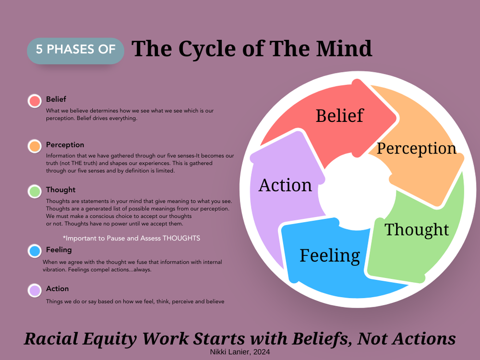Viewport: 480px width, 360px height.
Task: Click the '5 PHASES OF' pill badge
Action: tap(76, 49)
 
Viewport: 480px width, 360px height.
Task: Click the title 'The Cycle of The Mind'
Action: tap(252, 49)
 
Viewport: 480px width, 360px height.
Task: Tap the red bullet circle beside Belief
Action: tap(35, 101)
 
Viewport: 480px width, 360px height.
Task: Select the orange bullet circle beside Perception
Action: tap(35, 146)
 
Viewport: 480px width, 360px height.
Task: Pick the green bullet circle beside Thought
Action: tap(35, 191)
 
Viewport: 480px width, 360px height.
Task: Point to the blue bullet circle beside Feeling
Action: tap(35, 251)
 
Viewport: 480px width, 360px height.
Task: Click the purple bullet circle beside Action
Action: tap(35, 290)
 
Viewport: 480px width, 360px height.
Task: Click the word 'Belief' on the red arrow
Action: tap(339, 116)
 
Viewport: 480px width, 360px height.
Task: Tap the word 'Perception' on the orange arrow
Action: tap(416, 148)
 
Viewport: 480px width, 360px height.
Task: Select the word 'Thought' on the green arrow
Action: tap(417, 229)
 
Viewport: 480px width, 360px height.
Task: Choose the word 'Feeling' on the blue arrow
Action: tap(329, 255)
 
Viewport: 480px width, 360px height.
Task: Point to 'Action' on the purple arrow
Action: tap(285, 185)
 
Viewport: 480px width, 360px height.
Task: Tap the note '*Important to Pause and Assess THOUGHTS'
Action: tap(131, 238)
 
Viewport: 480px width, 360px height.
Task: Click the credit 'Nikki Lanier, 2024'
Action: tap(240, 352)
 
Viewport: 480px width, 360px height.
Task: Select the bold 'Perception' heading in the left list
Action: tap(65, 145)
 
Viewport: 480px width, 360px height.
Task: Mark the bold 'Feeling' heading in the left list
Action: tap(59, 250)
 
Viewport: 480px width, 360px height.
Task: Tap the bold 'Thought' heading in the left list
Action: tap(60, 190)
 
